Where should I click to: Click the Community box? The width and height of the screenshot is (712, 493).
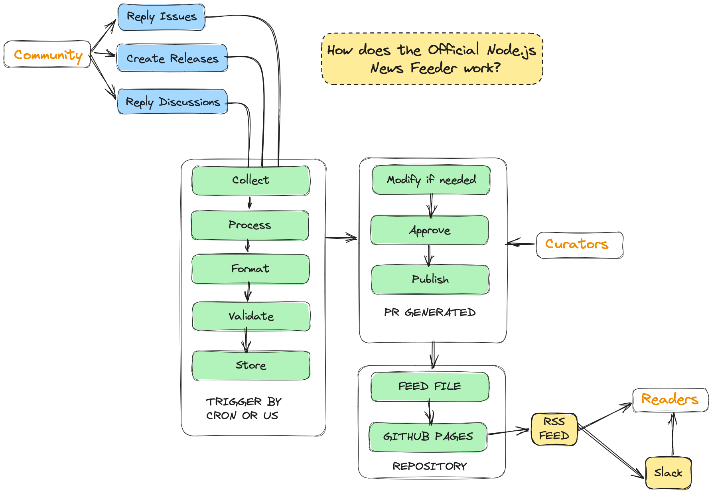click(47, 54)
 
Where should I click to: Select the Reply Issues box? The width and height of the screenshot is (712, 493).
click(162, 17)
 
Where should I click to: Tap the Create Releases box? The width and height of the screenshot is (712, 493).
click(172, 58)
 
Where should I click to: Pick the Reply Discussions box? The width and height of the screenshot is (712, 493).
click(172, 102)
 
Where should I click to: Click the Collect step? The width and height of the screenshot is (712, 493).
click(250, 180)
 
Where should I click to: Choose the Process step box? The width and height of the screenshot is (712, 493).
click(250, 225)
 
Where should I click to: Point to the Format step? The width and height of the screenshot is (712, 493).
click(250, 269)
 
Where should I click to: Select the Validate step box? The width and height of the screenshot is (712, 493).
click(251, 316)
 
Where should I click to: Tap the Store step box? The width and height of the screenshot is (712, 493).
click(251, 365)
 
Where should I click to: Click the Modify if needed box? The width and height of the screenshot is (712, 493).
click(431, 180)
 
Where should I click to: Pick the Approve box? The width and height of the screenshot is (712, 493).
click(430, 230)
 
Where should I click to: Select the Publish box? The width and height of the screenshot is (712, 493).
click(430, 279)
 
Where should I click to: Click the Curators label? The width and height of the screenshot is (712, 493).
click(579, 245)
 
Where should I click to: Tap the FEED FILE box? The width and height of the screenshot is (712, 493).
click(430, 387)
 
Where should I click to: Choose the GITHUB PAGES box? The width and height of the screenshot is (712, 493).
click(428, 437)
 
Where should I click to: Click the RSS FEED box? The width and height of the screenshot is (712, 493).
click(554, 429)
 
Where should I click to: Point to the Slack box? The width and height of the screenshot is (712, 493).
click(668, 473)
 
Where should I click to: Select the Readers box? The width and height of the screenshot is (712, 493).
click(670, 400)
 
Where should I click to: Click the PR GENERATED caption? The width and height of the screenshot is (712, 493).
click(430, 312)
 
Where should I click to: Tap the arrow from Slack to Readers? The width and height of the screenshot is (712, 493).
click(673, 435)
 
